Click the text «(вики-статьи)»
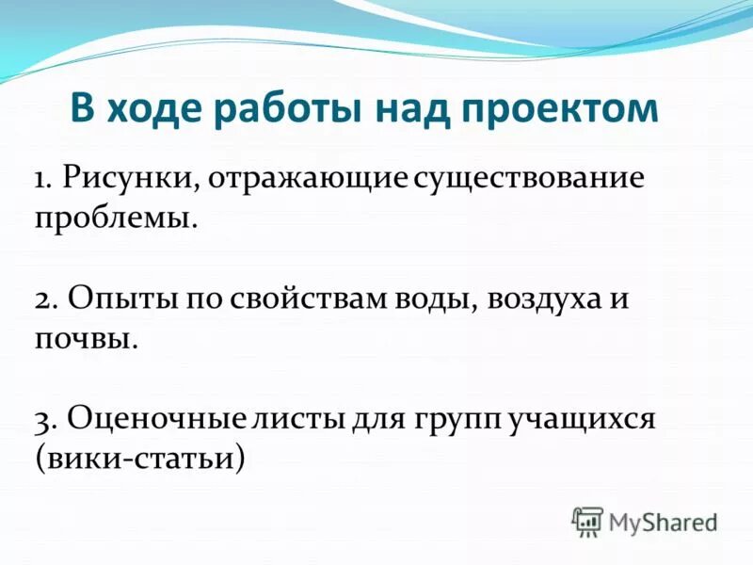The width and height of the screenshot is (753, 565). tap(140, 459)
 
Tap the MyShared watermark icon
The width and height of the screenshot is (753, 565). tap(587, 521)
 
